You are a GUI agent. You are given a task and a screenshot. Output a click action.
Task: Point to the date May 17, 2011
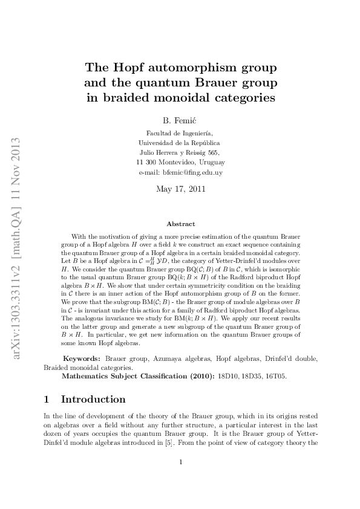pos(180,189)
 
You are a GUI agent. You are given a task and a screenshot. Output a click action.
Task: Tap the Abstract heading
pos(180,224)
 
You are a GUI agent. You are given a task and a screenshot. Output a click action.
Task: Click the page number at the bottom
pos(180,463)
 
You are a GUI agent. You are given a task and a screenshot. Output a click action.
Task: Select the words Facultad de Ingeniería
pos(180,133)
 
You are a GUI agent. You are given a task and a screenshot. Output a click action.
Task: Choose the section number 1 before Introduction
pos(47,399)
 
